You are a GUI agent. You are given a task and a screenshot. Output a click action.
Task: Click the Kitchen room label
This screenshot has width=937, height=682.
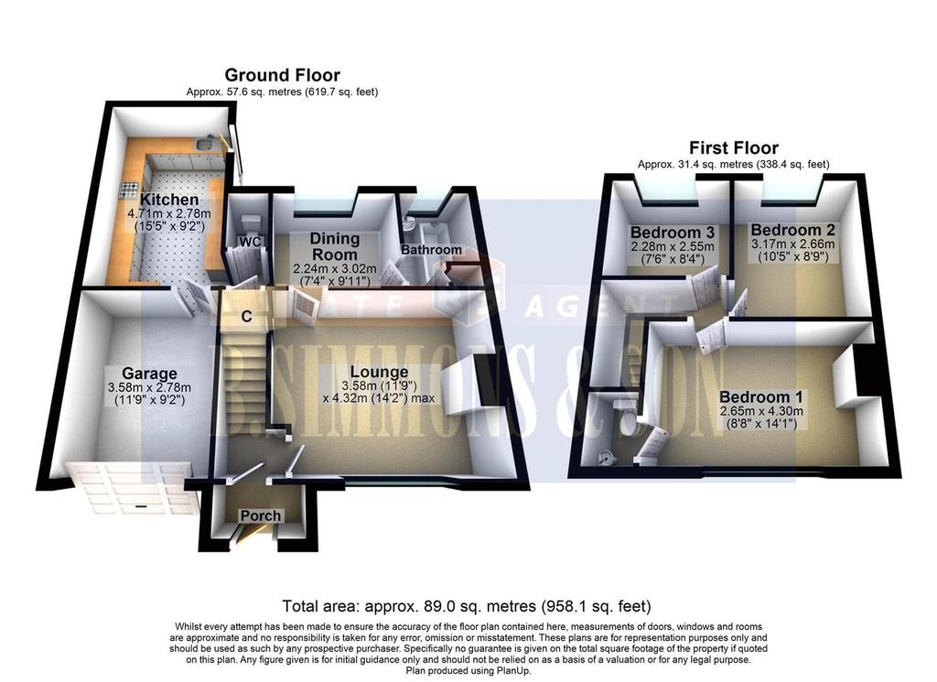click(169, 200)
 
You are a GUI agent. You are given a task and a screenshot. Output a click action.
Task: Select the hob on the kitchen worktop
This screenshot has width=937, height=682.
click(130, 189)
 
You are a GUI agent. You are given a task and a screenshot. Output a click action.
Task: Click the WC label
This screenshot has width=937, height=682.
click(251, 242)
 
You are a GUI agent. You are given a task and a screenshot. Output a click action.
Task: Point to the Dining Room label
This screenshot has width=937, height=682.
click(335, 245)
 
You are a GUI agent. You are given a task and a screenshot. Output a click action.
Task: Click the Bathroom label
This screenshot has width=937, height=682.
click(431, 249)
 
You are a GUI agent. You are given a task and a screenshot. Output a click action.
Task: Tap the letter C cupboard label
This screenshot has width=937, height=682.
click(246, 317)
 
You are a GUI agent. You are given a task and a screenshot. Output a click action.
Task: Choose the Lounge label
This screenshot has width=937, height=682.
click(379, 372)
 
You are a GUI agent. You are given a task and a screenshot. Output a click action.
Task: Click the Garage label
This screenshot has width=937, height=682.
click(149, 374)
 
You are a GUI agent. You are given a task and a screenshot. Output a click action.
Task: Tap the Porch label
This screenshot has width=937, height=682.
click(261, 515)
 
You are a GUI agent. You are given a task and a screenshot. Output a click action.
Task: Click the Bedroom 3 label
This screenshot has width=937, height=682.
click(673, 232)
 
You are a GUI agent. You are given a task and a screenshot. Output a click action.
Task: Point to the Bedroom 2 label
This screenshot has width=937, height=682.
click(793, 230)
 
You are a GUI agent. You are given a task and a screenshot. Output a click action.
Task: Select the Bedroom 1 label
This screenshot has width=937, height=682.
click(760, 397)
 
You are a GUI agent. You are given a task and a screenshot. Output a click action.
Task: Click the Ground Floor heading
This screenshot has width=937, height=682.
click(282, 75)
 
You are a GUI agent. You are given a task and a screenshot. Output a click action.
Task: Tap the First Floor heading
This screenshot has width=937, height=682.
click(734, 147)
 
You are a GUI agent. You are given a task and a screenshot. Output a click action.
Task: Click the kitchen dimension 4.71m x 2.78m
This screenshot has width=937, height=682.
click(169, 213)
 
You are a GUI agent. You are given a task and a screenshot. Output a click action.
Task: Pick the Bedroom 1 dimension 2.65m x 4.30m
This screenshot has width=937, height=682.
click(761, 411)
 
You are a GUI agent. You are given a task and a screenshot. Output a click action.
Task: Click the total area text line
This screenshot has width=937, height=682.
click(467, 606)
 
